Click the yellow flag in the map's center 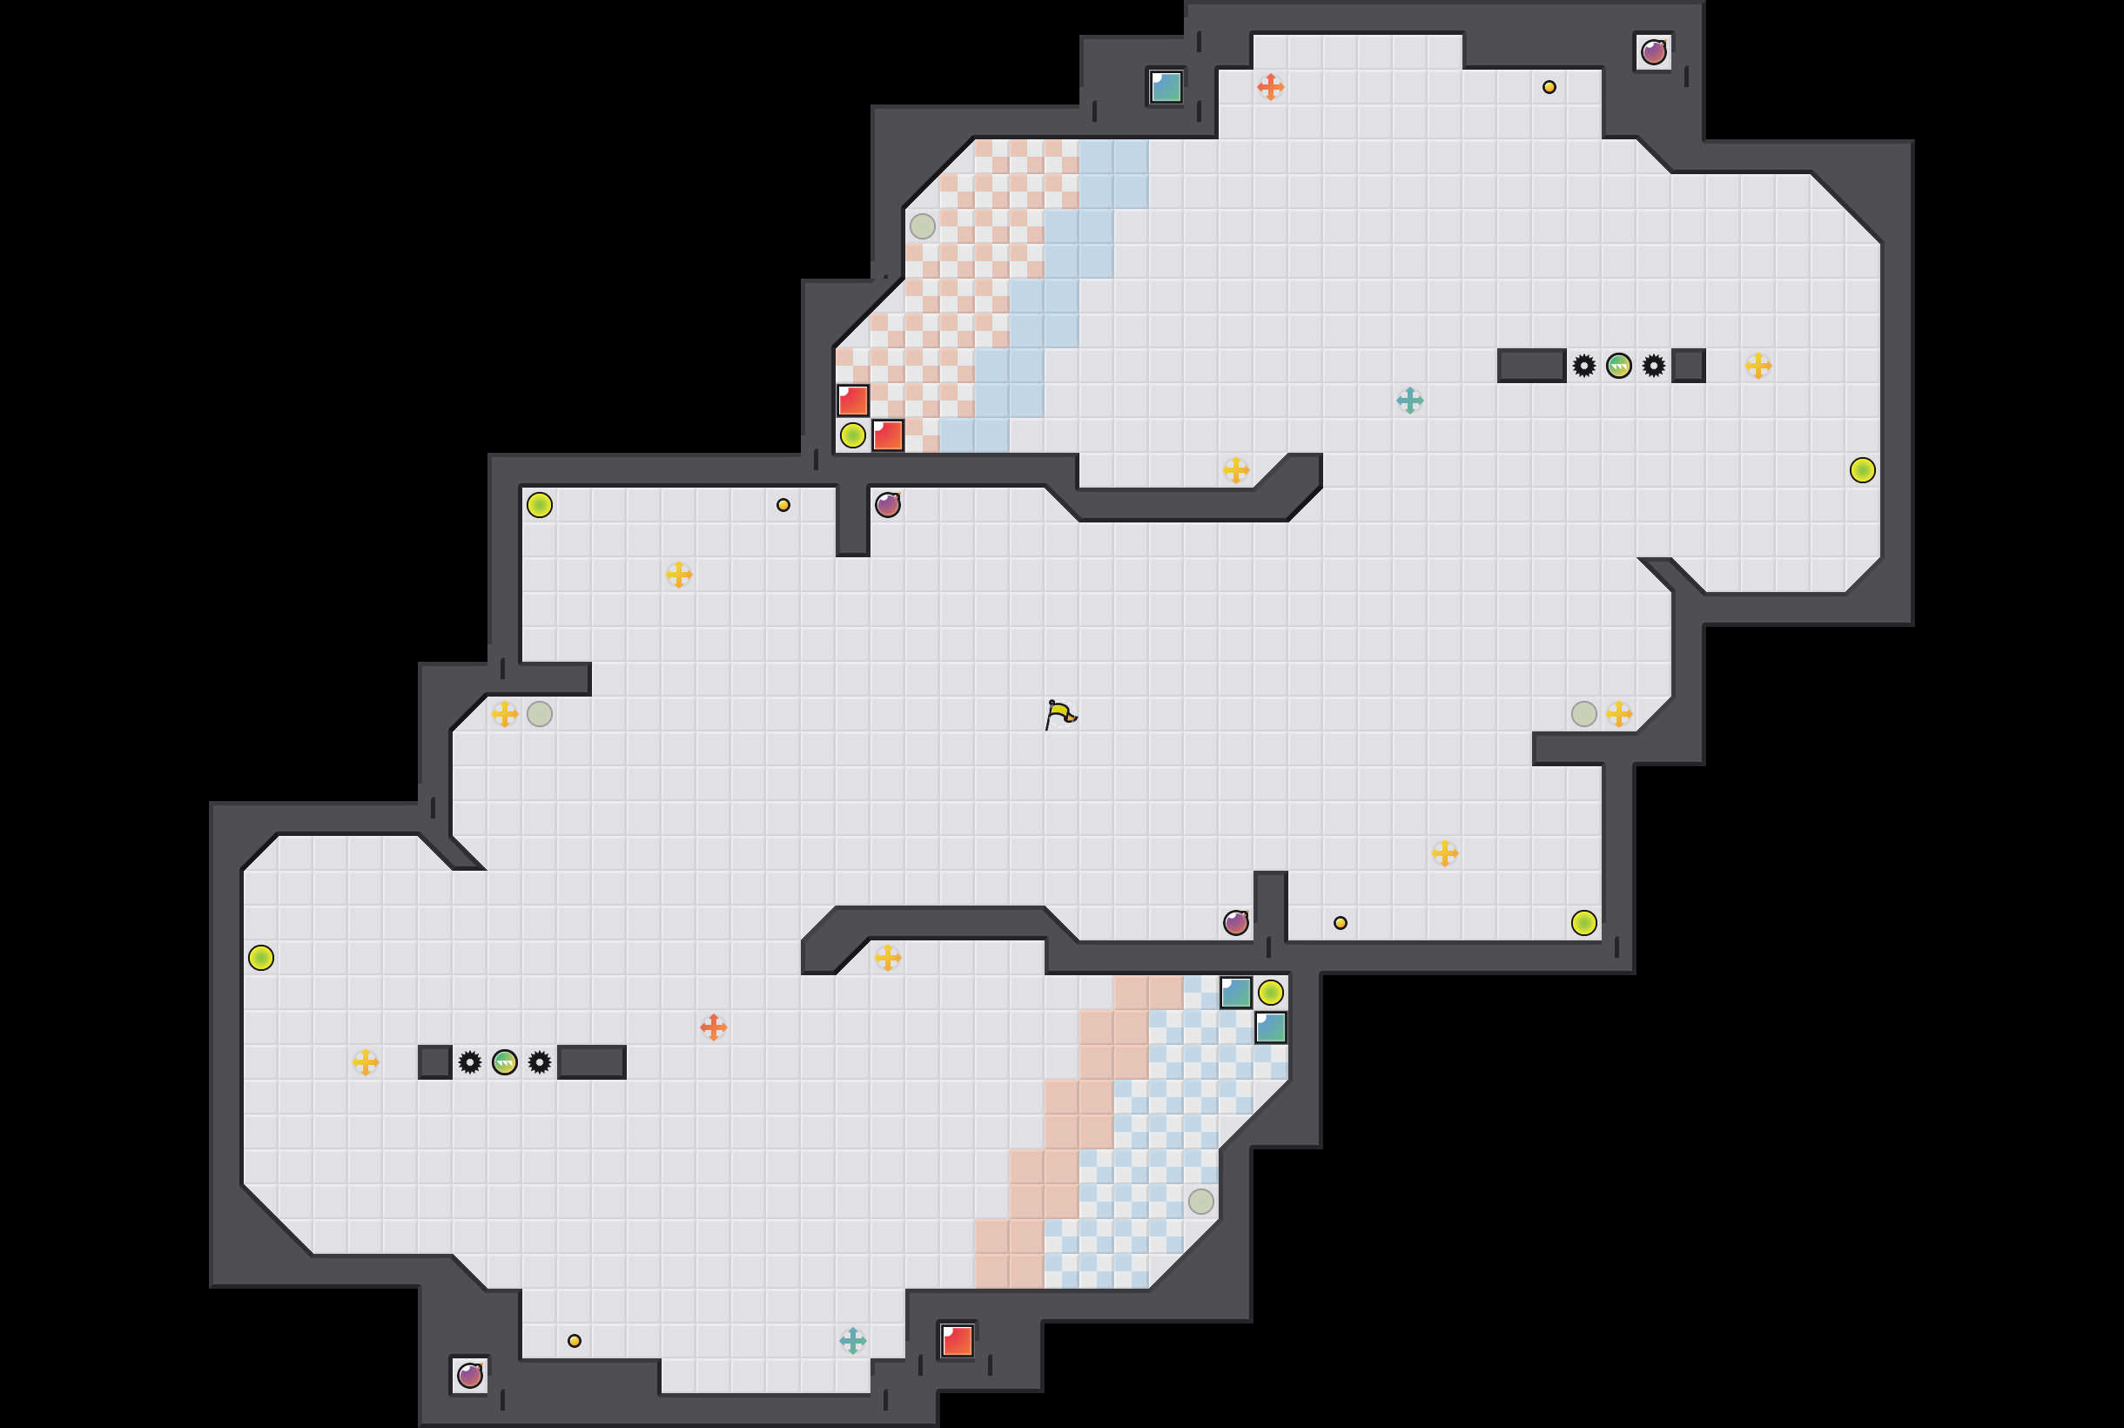[x=1059, y=715]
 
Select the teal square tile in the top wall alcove [x=1166, y=87]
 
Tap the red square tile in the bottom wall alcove [x=957, y=1341]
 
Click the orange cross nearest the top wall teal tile [x=1270, y=87]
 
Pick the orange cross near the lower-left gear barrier [x=713, y=1027]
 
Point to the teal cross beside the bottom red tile [x=852, y=1341]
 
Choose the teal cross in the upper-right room [x=1409, y=400]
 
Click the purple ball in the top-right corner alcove [x=1653, y=53]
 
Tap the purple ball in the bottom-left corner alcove [x=470, y=1375]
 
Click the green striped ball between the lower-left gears [x=504, y=1062]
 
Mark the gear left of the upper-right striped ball [x=1584, y=366]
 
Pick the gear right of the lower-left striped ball [x=540, y=1062]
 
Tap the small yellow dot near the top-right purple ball [x=1549, y=87]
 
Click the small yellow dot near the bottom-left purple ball [x=575, y=1341]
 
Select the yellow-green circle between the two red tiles [x=852, y=435]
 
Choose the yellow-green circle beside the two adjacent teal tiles [x=1270, y=993]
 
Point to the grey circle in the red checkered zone [x=922, y=226]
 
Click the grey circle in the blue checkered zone [x=1200, y=1202]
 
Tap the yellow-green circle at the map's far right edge [x=1863, y=470]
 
